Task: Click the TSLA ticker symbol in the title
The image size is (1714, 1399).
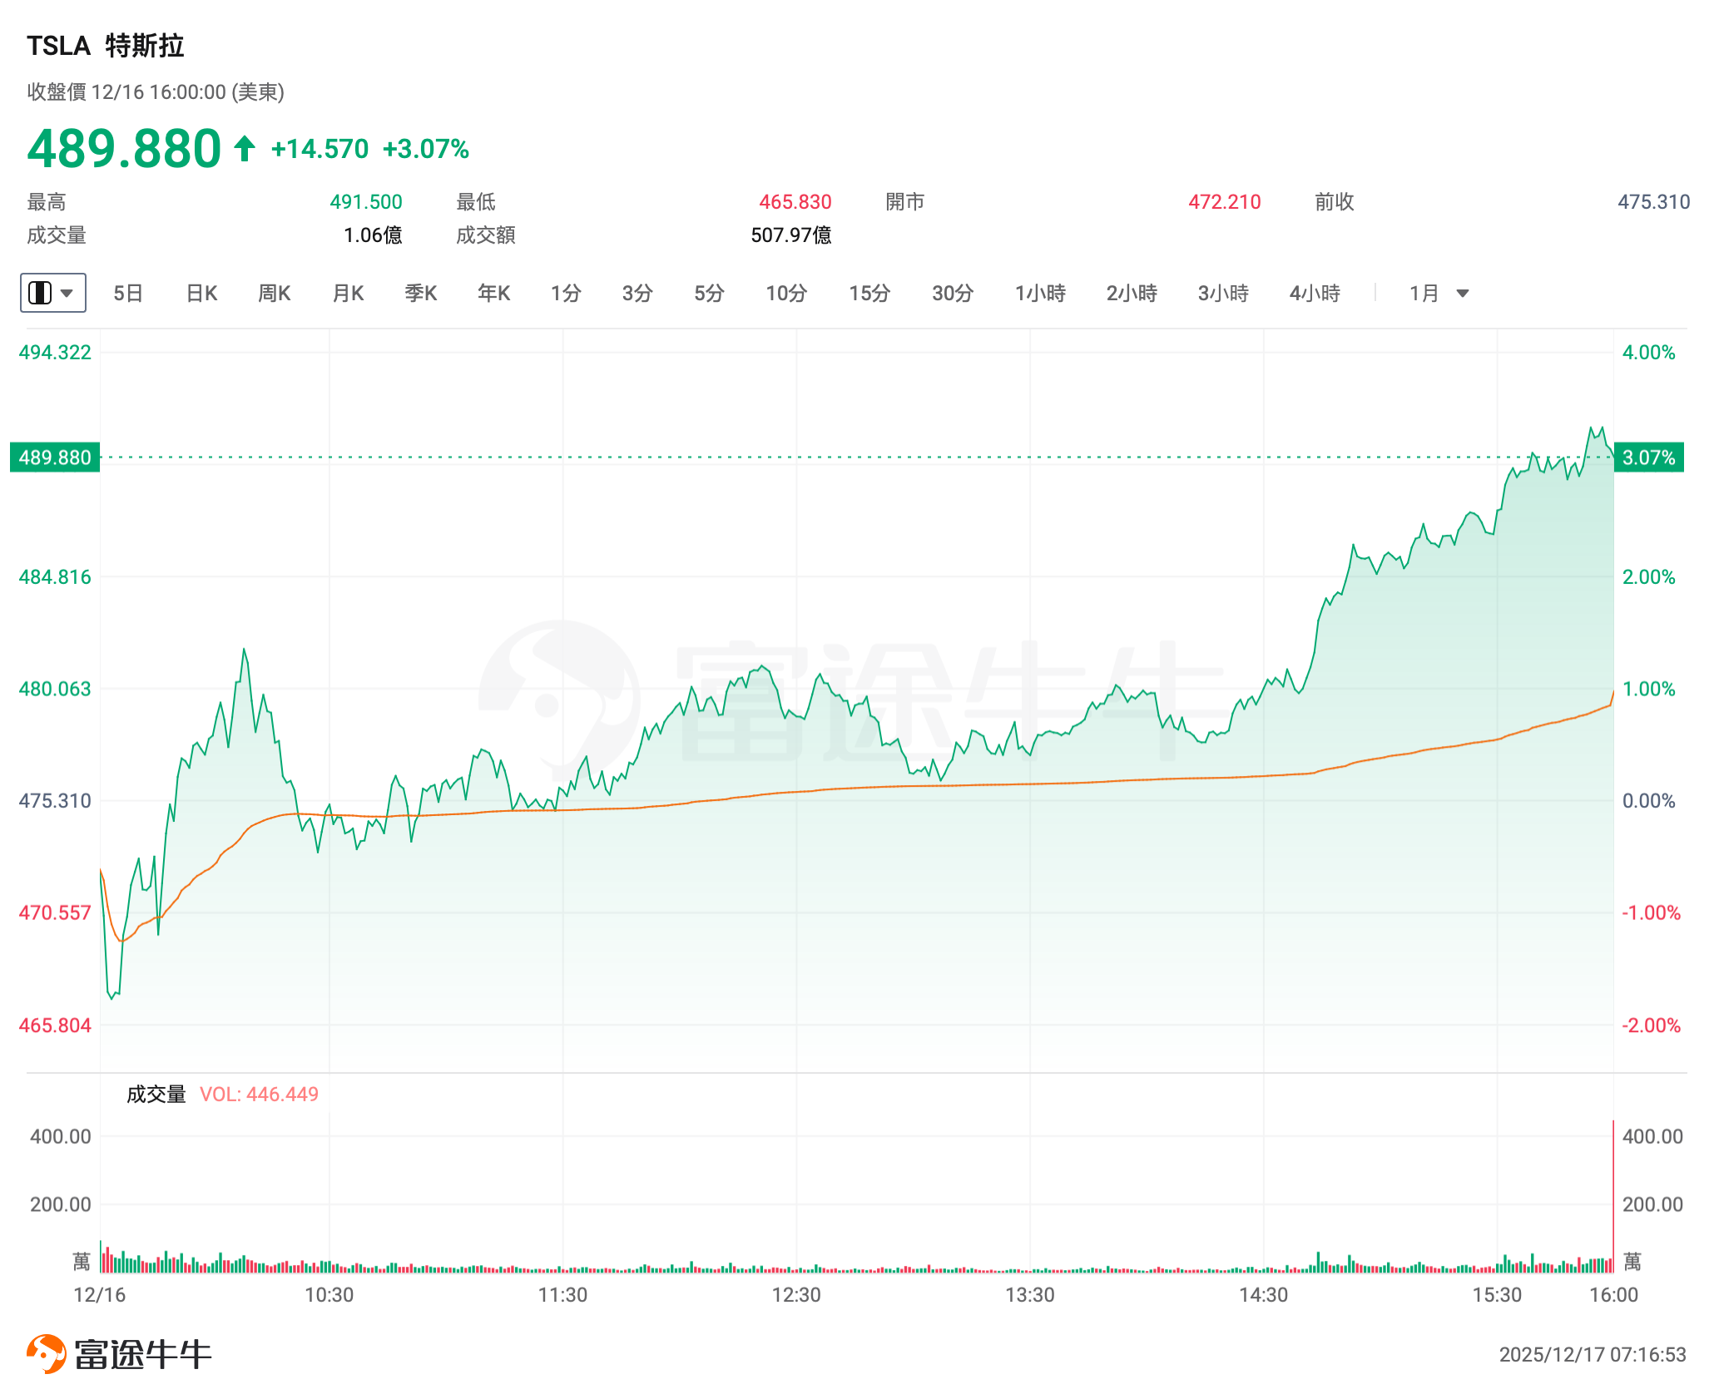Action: coord(58,46)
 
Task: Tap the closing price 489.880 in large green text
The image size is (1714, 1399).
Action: coord(124,149)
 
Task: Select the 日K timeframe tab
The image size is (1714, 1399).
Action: coord(201,294)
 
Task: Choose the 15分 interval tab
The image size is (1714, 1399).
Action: coord(869,294)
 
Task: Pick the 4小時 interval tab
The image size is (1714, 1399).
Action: coord(1315,294)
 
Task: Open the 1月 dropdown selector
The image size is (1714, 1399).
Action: coord(1439,294)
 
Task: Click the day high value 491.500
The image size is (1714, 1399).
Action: coord(365,202)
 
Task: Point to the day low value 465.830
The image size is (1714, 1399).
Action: coord(795,202)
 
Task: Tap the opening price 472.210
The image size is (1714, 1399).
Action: coord(1224,202)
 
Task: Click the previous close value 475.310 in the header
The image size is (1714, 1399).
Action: coord(1653,202)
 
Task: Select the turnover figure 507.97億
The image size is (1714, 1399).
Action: coord(790,235)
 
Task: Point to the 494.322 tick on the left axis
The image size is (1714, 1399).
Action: coord(55,353)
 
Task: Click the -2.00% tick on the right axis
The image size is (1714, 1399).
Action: coord(1651,1026)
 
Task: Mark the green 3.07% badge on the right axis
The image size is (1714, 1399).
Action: coord(1648,457)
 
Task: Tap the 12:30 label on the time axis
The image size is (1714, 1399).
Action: coord(796,1295)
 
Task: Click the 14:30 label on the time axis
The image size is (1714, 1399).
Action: coord(1263,1295)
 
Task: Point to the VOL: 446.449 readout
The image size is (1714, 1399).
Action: coord(259,1095)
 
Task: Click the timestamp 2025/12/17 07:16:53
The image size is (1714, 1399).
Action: coord(1592,1355)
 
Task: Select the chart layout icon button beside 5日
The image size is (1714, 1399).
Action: coord(52,293)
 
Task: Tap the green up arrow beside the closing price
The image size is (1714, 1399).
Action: coord(245,149)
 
